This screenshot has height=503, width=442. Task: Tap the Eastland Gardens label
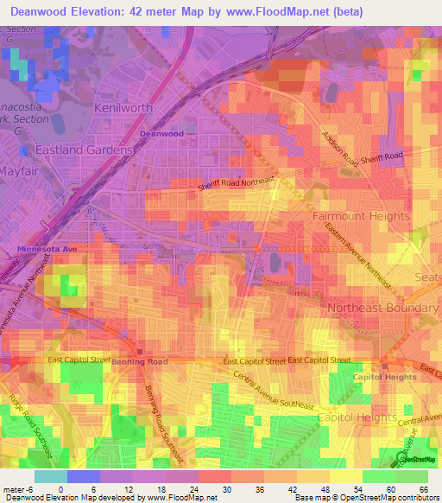coord(84,150)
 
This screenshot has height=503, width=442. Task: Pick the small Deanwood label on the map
coord(162,134)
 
